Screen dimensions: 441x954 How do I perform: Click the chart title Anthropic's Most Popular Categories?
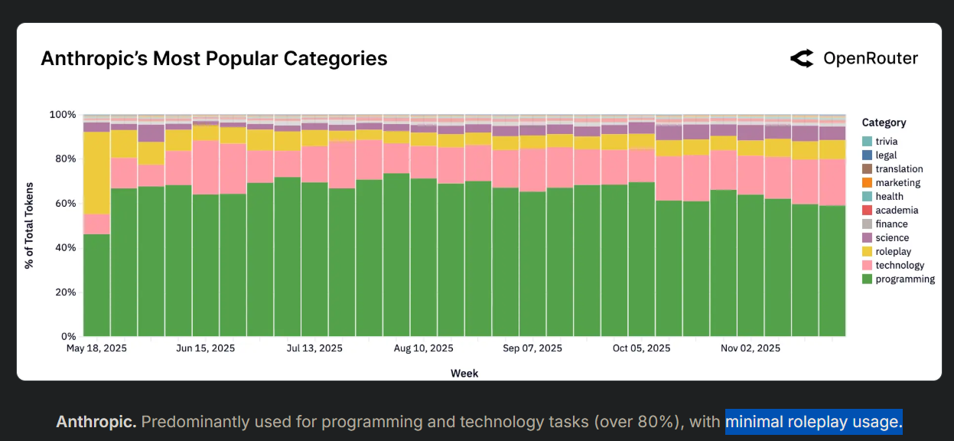click(x=213, y=59)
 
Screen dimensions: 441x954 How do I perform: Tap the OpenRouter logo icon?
click(x=802, y=59)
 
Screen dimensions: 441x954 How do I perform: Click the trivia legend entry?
click(x=887, y=142)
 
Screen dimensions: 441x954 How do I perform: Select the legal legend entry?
click(x=886, y=155)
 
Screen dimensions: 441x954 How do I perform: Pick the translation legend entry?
click(x=899, y=169)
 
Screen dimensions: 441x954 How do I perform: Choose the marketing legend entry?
click(x=897, y=183)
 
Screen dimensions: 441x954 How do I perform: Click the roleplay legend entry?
click(x=893, y=252)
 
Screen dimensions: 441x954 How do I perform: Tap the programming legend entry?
click(x=905, y=279)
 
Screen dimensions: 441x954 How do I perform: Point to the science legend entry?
click(x=892, y=238)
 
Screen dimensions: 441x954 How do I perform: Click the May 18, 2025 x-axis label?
click(x=96, y=348)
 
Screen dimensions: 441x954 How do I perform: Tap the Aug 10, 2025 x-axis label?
click(x=424, y=348)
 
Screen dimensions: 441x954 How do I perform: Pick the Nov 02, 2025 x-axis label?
click(x=751, y=348)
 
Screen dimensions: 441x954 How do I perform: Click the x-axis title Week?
click(x=464, y=373)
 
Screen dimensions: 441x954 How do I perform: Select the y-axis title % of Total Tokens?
click(x=28, y=226)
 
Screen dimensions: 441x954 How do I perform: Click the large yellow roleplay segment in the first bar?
click(x=96, y=172)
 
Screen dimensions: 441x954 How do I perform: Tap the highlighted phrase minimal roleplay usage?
click(x=814, y=422)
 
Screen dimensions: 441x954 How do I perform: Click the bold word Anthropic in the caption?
click(x=96, y=422)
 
